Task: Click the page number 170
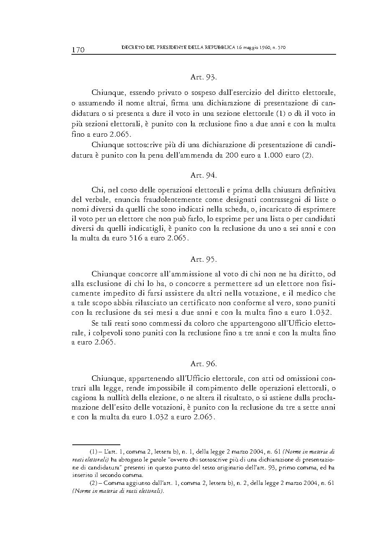(x=78, y=50)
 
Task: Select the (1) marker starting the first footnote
(x=94, y=451)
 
